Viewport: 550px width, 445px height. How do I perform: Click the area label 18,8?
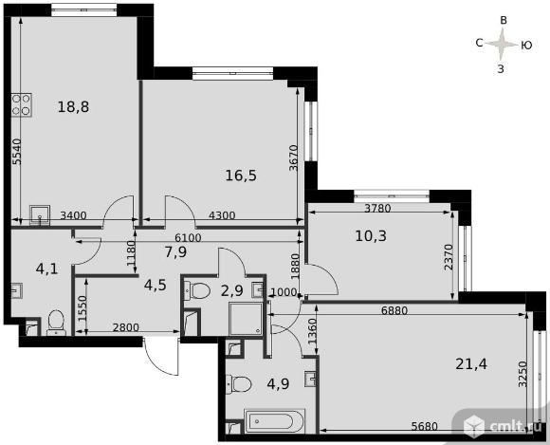tap(73, 106)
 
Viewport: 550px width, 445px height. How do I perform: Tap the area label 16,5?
tap(241, 176)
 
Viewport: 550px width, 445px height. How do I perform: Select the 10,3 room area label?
tap(371, 236)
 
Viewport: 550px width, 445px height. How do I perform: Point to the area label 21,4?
tap(471, 364)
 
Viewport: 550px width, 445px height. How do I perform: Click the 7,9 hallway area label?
tap(175, 251)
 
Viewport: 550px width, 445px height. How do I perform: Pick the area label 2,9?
tap(232, 290)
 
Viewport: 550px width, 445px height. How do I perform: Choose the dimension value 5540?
tap(17, 152)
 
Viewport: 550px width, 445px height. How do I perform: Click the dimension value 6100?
tap(188, 238)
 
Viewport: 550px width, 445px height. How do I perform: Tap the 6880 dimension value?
tap(394, 310)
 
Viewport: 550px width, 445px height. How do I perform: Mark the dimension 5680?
tap(425, 426)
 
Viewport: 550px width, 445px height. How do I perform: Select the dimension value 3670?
tap(294, 158)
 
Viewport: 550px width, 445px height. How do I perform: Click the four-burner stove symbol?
tap(22, 104)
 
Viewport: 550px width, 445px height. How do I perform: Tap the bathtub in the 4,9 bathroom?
tap(274, 420)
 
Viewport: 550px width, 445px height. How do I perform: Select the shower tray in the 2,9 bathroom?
tap(246, 319)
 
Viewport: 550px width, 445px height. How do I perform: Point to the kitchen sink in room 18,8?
tap(40, 215)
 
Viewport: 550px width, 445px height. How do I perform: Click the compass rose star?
tap(502, 45)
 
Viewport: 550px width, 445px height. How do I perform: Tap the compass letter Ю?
tap(526, 45)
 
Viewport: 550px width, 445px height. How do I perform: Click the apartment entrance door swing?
tap(161, 356)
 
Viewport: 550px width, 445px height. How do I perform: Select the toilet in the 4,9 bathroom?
tap(239, 384)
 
